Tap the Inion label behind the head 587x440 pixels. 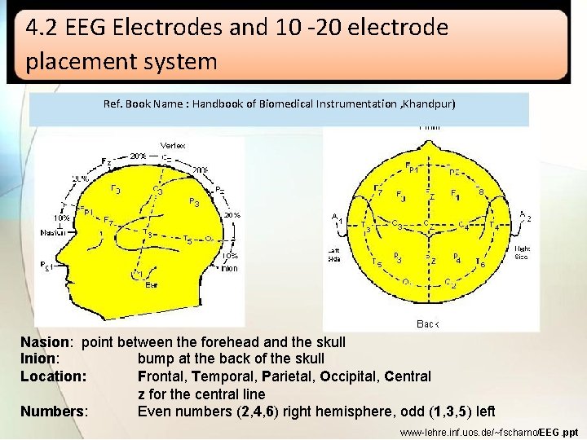[x=229, y=267]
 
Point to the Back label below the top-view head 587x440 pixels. [x=428, y=323]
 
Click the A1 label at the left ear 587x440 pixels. [x=337, y=218]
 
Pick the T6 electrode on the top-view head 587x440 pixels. [x=481, y=263]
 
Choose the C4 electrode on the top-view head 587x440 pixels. [x=462, y=226]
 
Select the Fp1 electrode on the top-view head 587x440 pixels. [x=412, y=168]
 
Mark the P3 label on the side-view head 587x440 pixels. [x=195, y=202]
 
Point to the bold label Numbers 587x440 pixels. [x=52, y=411]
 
